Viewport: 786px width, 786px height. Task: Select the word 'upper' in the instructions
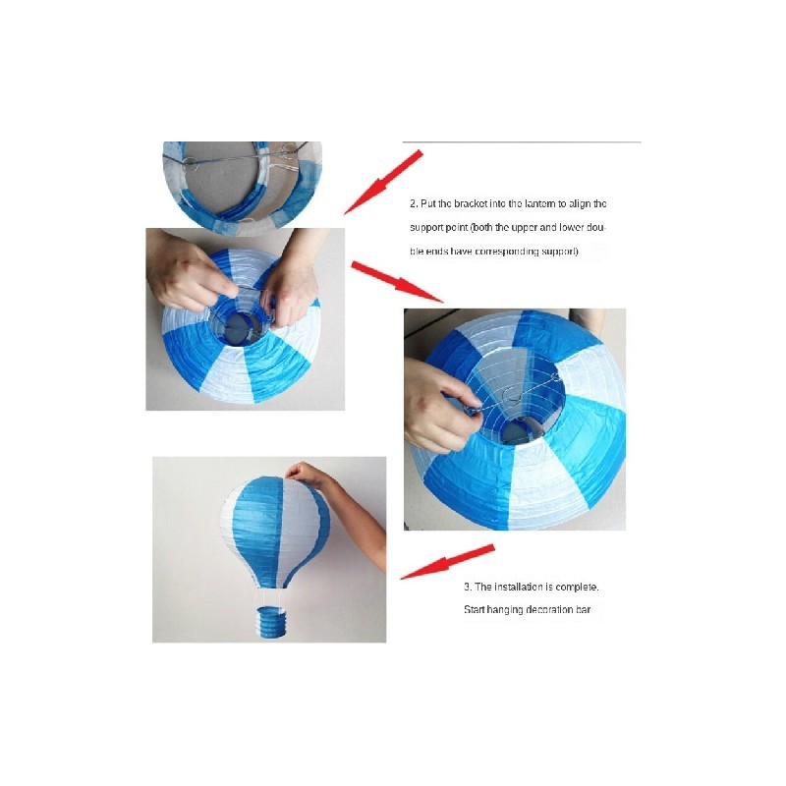(525, 228)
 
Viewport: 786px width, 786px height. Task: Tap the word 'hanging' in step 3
(504, 610)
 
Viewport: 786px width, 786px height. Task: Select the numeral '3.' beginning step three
(468, 587)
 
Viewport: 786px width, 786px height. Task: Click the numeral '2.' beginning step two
(414, 204)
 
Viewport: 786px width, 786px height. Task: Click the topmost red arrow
(383, 183)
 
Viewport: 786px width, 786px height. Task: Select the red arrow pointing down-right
(397, 282)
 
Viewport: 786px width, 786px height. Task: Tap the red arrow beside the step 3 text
(447, 562)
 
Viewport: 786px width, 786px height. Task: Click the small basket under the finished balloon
(268, 622)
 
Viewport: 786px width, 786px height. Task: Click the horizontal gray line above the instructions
(522, 142)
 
